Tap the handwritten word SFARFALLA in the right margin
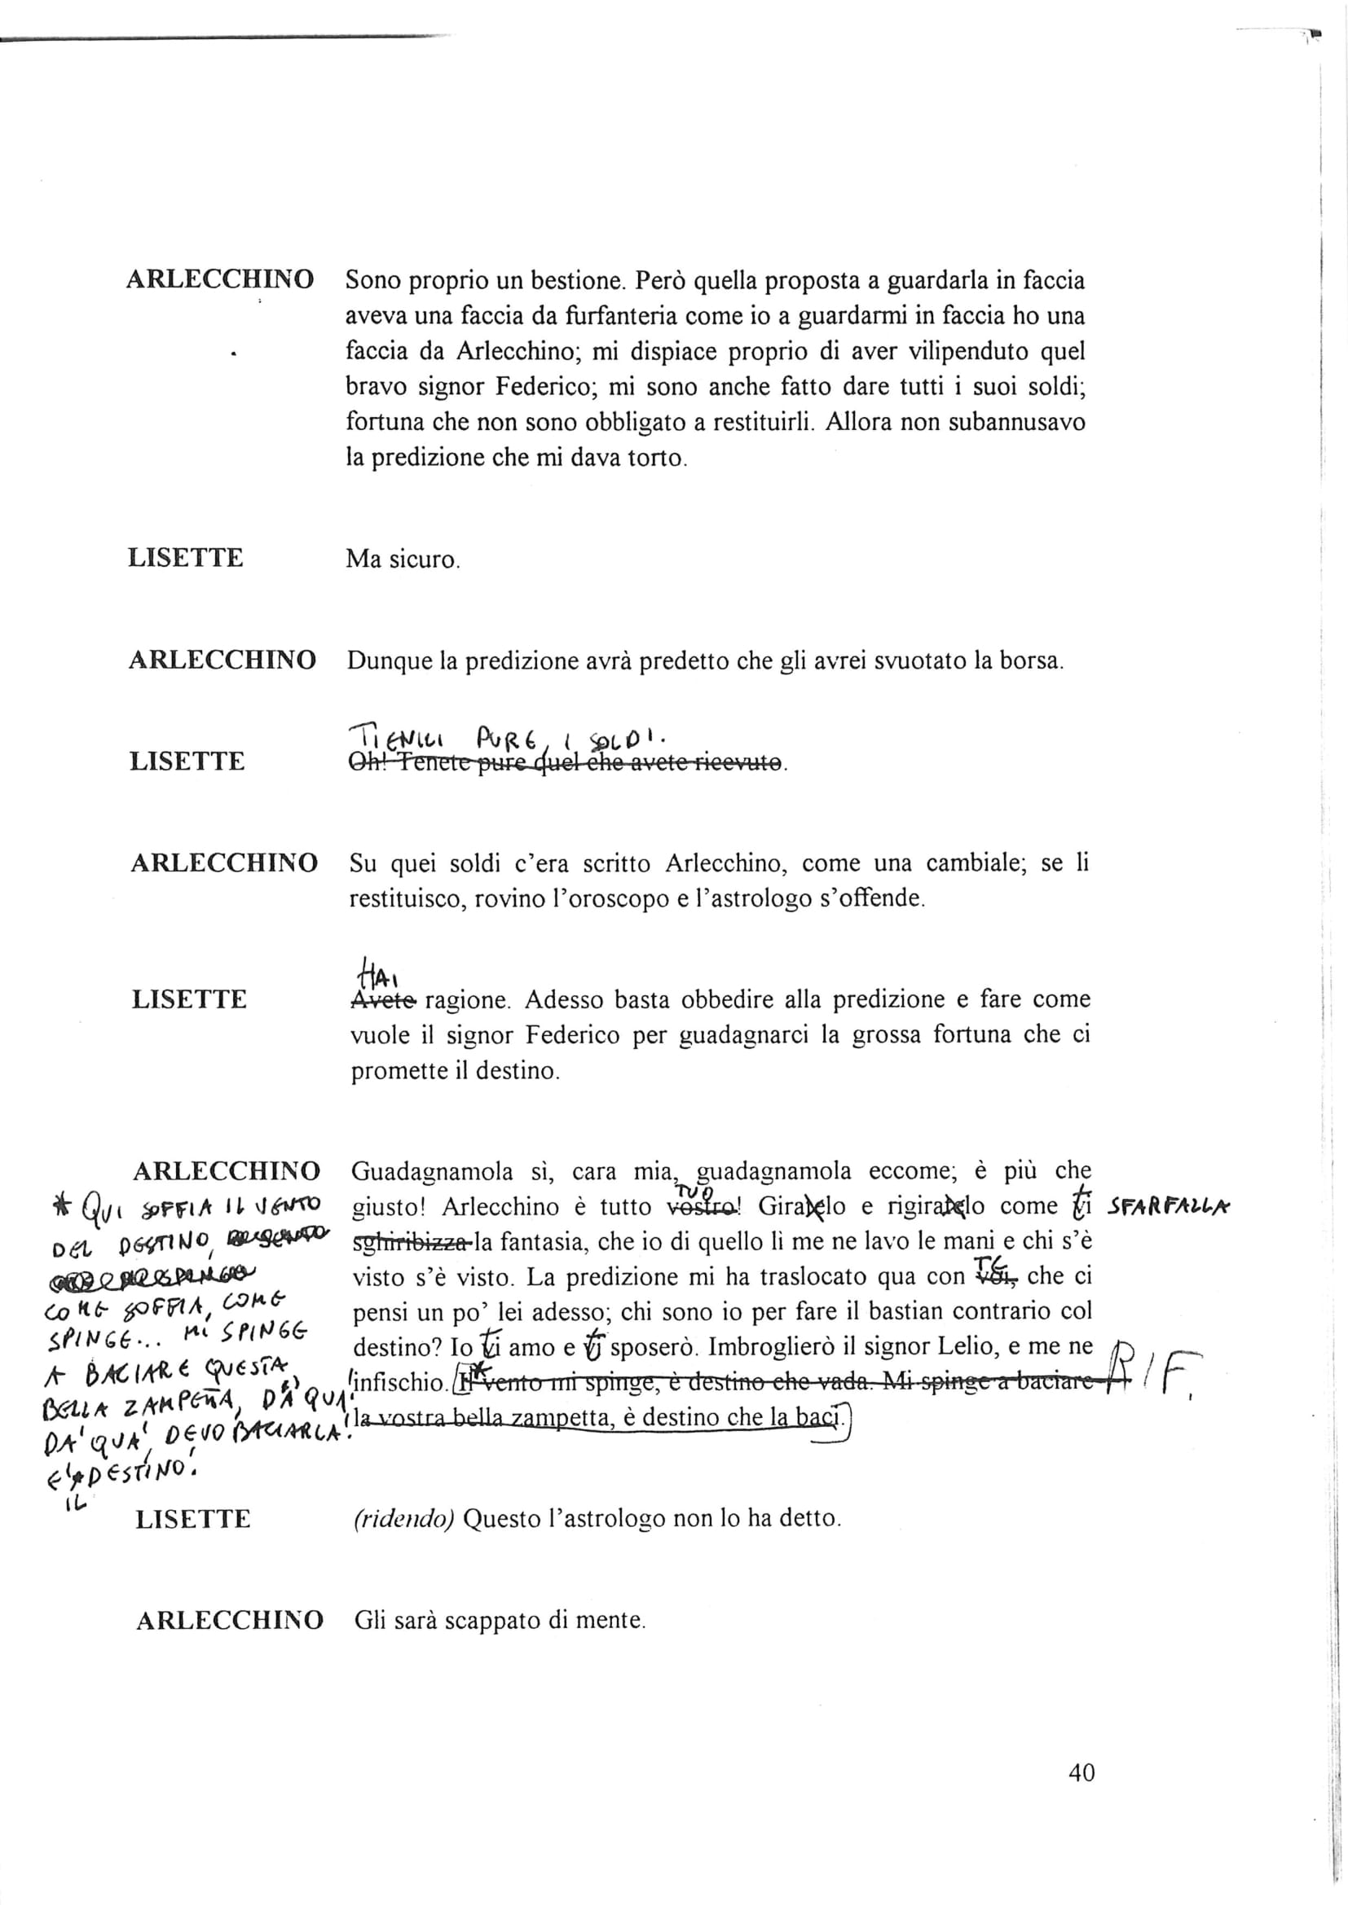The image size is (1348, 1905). click(x=1169, y=1209)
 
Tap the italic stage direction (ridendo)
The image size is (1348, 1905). click(x=403, y=1518)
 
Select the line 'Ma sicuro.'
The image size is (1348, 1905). click(x=403, y=560)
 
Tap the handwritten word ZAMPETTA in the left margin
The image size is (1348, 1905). click(x=148, y=1408)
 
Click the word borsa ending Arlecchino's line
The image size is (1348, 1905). click(x=1030, y=661)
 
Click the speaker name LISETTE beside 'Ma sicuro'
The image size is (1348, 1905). click(x=186, y=558)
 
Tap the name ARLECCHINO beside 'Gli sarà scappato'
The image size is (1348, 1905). click(x=229, y=1620)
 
